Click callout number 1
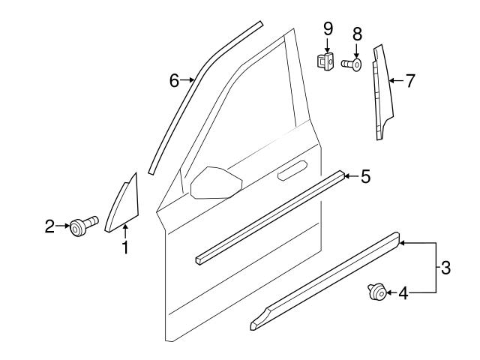click(x=125, y=245)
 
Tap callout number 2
click(x=49, y=225)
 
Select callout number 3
click(x=445, y=268)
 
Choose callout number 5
click(x=365, y=176)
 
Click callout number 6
click(x=174, y=80)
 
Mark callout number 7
click(x=409, y=81)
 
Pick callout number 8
click(x=357, y=34)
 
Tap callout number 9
click(x=328, y=29)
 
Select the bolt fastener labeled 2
click(x=80, y=225)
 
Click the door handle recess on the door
click(x=293, y=172)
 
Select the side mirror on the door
click(x=215, y=184)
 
